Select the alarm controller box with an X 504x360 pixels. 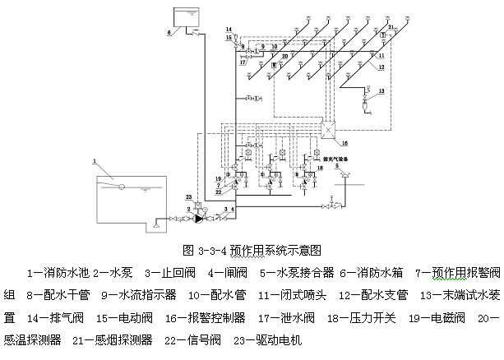(x=326, y=131)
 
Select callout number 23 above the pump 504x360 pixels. (x=188, y=197)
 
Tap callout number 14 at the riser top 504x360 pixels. (x=229, y=30)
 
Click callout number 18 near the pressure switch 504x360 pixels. (x=321, y=168)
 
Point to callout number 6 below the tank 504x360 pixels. (x=169, y=33)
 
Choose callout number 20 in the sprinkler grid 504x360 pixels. (x=284, y=56)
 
